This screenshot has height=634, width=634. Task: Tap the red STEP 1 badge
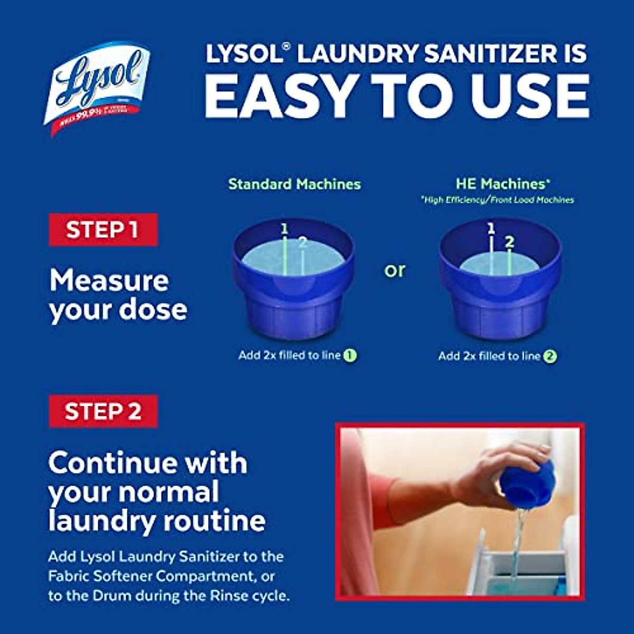(103, 230)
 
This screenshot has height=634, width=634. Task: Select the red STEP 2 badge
(103, 411)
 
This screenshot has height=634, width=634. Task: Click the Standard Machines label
(294, 184)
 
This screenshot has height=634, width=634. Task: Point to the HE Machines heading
(502, 184)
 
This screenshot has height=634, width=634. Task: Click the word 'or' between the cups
(395, 271)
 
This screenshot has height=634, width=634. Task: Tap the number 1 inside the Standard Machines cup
(284, 229)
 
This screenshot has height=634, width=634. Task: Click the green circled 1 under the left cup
(350, 356)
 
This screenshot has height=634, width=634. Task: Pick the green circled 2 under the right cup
(550, 357)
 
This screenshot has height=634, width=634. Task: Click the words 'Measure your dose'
(118, 295)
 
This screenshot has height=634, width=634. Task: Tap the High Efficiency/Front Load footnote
(497, 200)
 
